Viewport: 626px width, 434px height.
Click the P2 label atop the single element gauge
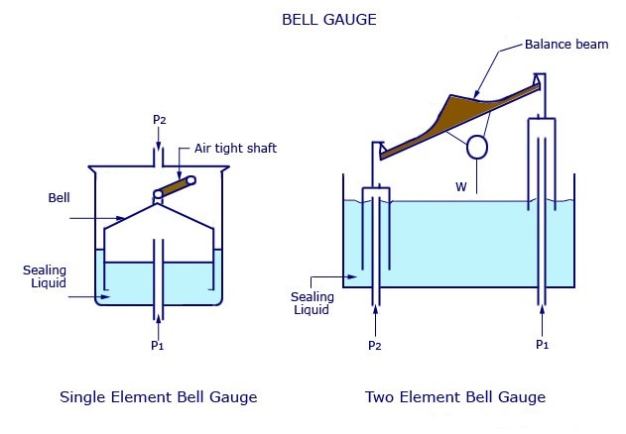159,120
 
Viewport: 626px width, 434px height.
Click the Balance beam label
563,46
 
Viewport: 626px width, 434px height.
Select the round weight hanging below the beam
477,147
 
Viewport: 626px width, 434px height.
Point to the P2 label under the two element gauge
375,345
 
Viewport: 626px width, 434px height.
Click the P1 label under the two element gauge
543,345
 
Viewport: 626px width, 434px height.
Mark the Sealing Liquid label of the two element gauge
314,302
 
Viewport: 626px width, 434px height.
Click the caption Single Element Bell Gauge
159,397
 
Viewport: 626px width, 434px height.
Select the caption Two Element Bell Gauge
455,397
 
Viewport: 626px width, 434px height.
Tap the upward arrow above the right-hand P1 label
543,319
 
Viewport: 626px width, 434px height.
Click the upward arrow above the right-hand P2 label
375,319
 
